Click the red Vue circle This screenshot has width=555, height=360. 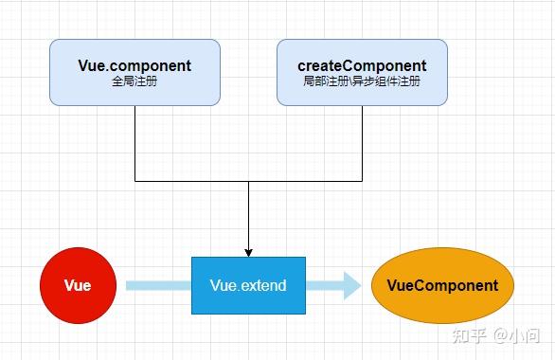[x=78, y=285]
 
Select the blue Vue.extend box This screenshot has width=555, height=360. [x=248, y=285]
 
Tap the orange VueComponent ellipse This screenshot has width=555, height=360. [x=442, y=285]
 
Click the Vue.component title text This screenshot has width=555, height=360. [x=134, y=66]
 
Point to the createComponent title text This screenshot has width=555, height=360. [x=362, y=66]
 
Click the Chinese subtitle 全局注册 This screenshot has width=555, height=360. [x=134, y=82]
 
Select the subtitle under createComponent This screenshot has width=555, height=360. [x=362, y=82]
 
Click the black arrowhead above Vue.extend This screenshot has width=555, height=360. [x=248, y=251]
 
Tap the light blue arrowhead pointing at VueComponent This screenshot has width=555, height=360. [x=351, y=285]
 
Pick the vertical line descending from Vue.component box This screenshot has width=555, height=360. [x=134, y=142]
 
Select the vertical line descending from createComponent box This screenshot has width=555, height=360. [x=362, y=142]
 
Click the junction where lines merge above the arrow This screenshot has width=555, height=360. [x=248, y=180]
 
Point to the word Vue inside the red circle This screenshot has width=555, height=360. [x=78, y=285]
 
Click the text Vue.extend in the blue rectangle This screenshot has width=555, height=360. [x=248, y=285]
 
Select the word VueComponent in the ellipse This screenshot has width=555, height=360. [x=442, y=285]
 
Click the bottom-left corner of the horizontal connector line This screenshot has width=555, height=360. [x=134, y=180]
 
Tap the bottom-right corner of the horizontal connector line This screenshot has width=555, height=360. [x=362, y=180]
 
